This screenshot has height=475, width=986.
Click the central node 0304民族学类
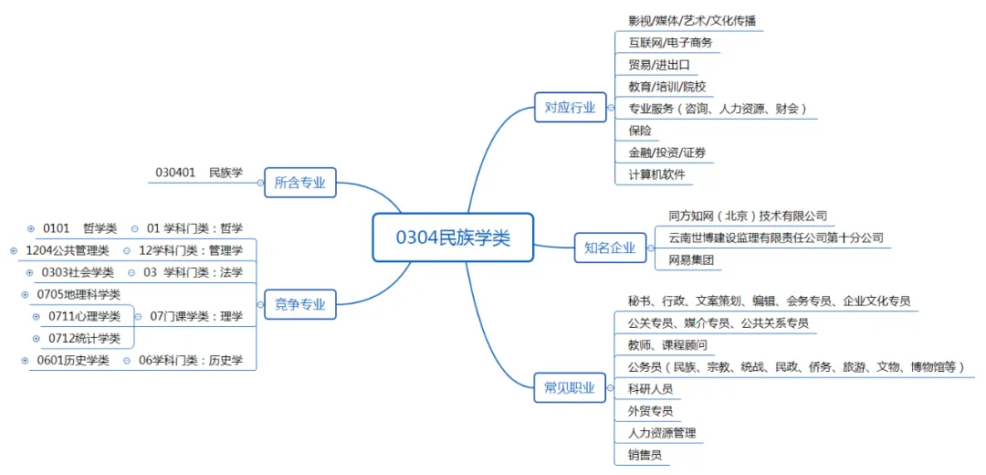pos(453,237)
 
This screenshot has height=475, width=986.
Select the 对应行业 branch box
pos(570,108)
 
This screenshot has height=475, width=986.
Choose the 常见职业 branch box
pos(570,388)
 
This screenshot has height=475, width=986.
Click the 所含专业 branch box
pos(299,182)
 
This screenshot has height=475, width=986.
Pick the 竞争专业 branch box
pos(299,304)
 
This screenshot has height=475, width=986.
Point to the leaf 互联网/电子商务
pos(669,42)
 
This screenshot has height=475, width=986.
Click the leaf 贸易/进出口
pos(658,64)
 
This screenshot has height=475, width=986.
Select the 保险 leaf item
pos(640,131)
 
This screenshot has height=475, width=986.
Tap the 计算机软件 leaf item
pos(656,174)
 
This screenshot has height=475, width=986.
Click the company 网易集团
pos(690,260)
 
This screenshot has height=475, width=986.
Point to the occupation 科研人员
pos(650,389)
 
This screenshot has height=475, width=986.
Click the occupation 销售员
pos(645,455)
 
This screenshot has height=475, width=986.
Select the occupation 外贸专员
pos(650,411)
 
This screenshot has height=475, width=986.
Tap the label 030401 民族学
pos(199,172)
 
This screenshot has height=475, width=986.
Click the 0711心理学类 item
pos(84,316)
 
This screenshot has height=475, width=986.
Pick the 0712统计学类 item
pos(84,338)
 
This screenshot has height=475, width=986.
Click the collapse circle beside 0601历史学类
pos(25,360)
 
